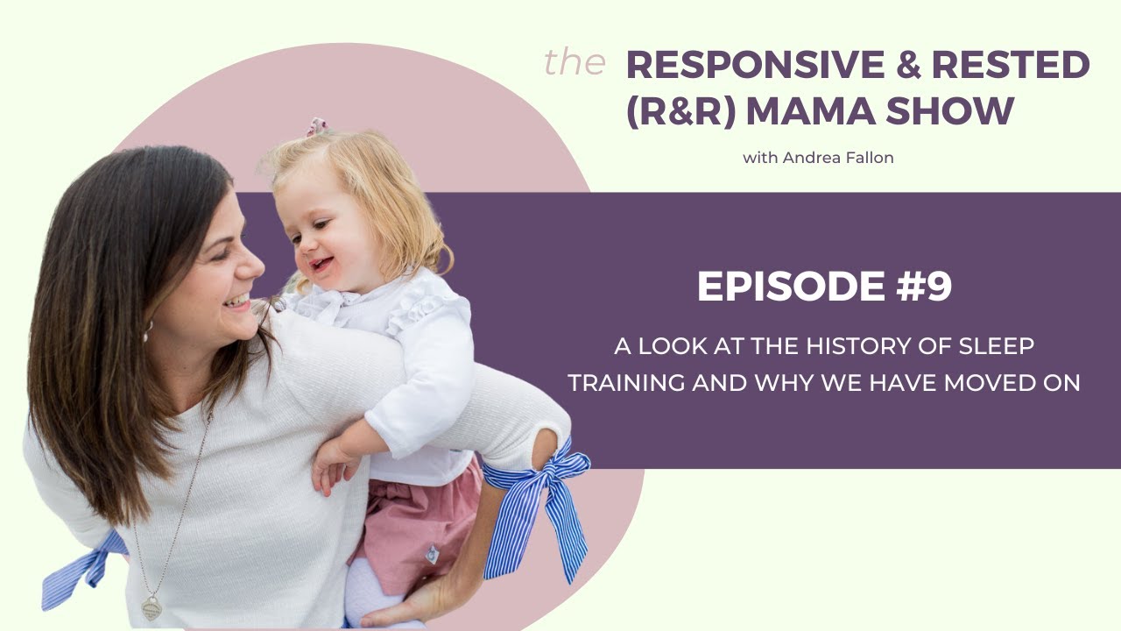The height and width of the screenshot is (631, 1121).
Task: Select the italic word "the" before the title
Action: pyautogui.click(x=575, y=63)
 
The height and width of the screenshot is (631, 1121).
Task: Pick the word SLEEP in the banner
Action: pyautogui.click(x=995, y=346)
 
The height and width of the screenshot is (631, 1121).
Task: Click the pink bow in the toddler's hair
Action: pyautogui.click(x=316, y=128)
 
